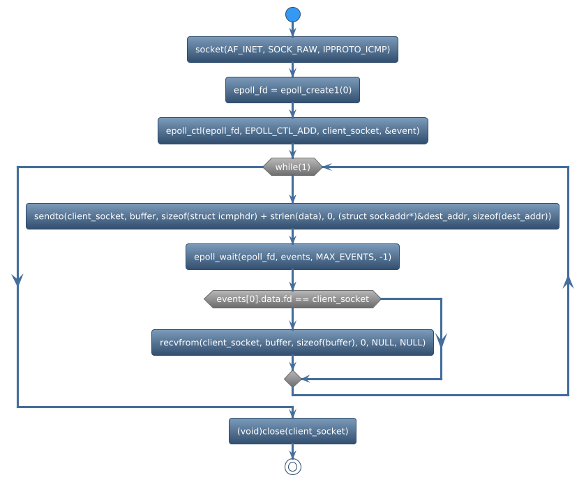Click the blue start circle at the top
click(x=292, y=15)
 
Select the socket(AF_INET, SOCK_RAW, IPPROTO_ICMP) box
click(x=292, y=50)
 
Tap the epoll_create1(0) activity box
click(x=292, y=90)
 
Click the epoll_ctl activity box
click(x=292, y=130)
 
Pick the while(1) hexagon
click(x=292, y=167)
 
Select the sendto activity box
click(x=292, y=216)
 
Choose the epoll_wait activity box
click(x=292, y=257)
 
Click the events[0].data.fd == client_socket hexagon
click(x=292, y=299)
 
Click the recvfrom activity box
click(x=292, y=342)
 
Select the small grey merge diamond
click(x=292, y=379)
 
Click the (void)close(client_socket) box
click(x=292, y=431)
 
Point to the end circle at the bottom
click(x=292, y=467)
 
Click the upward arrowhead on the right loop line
click(x=568, y=280)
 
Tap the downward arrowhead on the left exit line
click(x=17, y=278)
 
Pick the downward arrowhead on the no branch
click(x=441, y=340)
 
